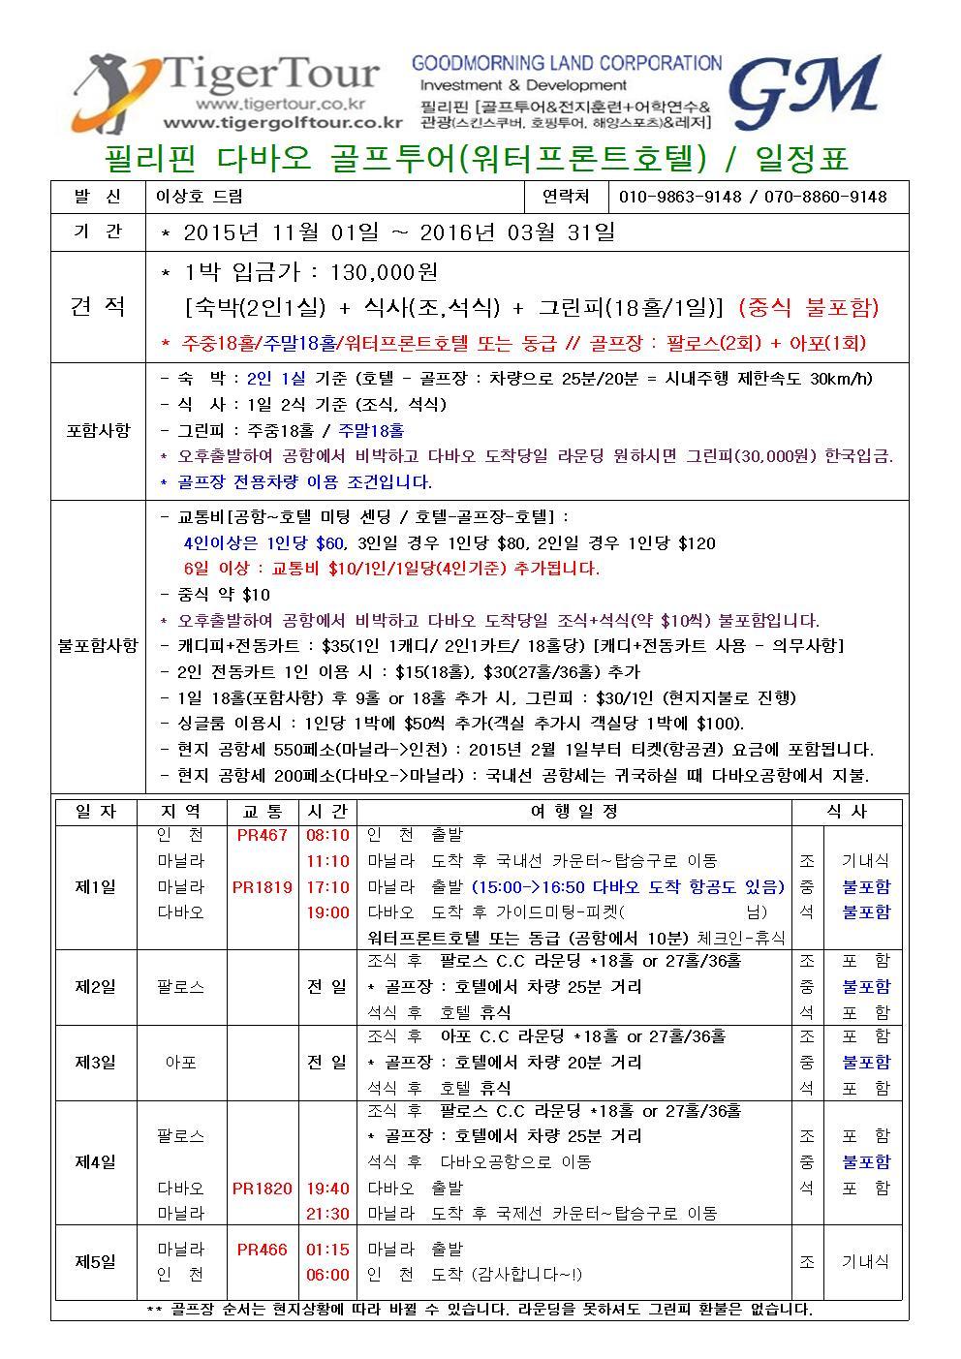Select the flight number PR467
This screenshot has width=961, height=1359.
(263, 835)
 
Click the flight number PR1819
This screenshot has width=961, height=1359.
(263, 886)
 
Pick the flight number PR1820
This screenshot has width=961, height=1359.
(263, 1188)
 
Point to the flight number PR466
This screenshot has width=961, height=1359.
(263, 1250)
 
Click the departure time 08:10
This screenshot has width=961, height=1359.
(327, 835)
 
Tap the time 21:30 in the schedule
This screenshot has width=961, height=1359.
(327, 1214)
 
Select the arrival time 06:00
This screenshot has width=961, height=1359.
(327, 1275)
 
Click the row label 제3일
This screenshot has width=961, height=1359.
(95, 1062)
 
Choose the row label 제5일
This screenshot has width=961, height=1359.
(95, 1261)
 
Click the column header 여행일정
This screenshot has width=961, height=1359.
(573, 812)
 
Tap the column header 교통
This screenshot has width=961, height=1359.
(263, 812)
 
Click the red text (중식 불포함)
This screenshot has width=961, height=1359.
(808, 308)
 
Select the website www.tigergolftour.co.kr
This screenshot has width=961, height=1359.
(282, 123)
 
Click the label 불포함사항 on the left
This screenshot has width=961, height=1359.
(97, 645)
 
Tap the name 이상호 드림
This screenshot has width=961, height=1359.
(200, 197)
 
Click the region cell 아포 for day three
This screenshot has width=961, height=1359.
(181, 1062)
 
